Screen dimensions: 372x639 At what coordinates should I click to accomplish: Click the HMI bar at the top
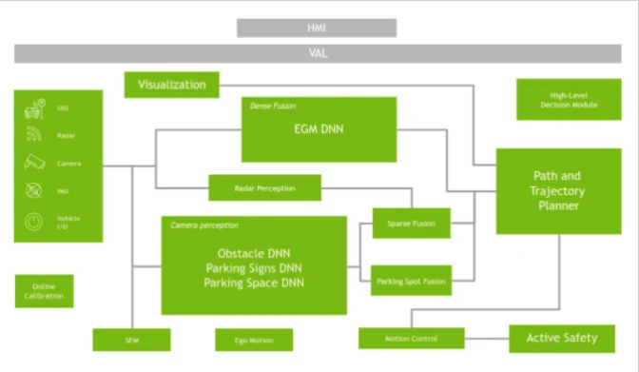(318, 28)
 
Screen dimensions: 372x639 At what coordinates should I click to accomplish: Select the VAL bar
(318, 54)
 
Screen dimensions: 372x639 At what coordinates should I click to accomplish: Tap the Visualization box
(172, 85)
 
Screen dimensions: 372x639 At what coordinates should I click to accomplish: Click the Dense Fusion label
(272, 107)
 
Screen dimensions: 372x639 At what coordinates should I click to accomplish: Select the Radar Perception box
(264, 188)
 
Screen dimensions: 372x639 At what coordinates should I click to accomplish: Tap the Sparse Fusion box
(410, 224)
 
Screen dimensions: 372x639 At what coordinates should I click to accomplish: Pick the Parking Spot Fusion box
(410, 281)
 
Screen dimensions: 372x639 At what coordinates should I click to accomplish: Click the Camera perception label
(204, 225)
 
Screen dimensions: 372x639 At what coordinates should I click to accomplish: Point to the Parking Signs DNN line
(253, 268)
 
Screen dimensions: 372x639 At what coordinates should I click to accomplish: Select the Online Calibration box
(44, 291)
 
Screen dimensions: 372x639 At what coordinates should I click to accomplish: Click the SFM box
(131, 340)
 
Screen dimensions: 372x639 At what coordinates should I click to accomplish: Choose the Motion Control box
(411, 338)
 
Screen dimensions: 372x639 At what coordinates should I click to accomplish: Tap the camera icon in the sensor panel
(35, 163)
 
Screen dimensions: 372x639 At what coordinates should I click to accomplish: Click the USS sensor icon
(35, 108)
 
